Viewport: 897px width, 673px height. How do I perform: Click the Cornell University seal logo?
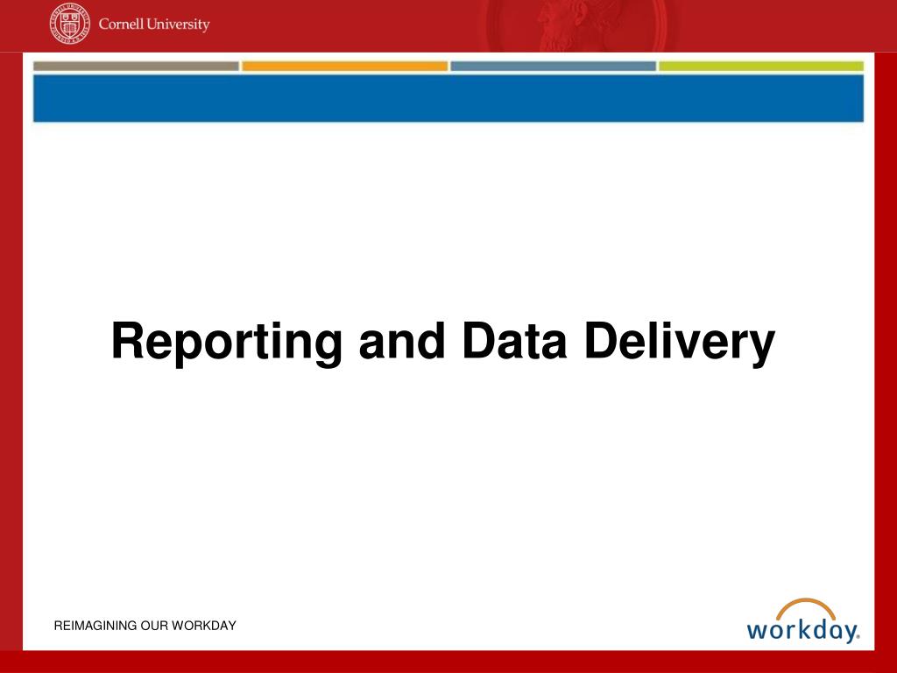(70, 24)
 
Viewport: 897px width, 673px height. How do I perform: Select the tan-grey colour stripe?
(136, 67)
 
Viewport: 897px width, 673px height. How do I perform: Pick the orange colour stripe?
(345, 67)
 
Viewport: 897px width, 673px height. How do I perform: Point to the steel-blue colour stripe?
(554, 67)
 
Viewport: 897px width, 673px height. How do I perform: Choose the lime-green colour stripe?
(761, 67)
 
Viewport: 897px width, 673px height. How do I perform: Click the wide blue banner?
(448, 98)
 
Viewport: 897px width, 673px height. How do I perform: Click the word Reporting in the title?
(227, 343)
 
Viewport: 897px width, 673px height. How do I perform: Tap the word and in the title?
(402, 341)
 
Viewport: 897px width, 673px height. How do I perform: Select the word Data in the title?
(514, 341)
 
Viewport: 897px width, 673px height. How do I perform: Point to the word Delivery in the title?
(680, 343)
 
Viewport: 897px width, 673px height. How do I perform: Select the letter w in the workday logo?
(759, 631)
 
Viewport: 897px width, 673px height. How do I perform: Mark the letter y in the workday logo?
(848, 633)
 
